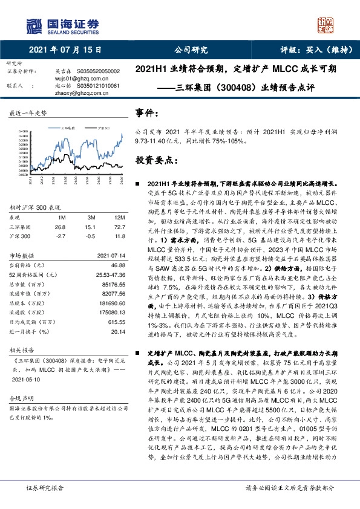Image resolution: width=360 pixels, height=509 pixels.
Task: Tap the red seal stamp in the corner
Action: tap(327, 26)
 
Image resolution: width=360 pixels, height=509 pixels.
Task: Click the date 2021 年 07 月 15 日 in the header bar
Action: tap(65, 50)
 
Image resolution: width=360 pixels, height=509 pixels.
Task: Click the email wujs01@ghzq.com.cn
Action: tap(76, 79)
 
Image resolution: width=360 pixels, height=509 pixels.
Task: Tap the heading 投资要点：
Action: tap(156, 161)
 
